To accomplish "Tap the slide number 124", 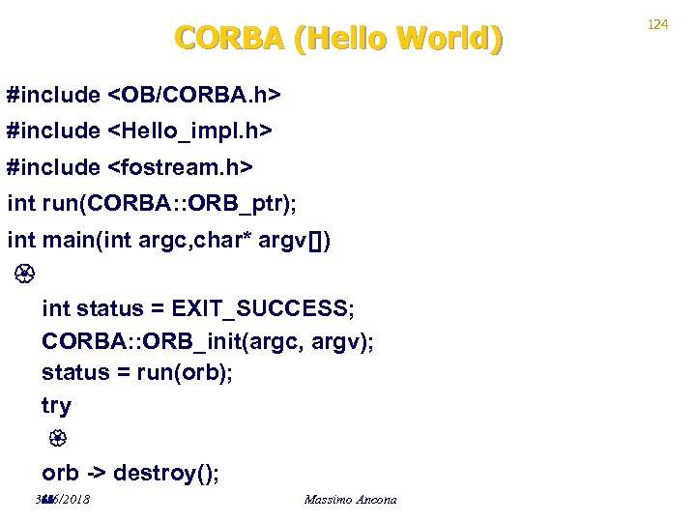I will (x=657, y=24).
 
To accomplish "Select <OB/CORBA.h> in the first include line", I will (x=194, y=96).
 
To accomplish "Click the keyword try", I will (x=56, y=406).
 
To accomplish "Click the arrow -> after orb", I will (x=96, y=473).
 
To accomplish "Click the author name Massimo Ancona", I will (x=350, y=500).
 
